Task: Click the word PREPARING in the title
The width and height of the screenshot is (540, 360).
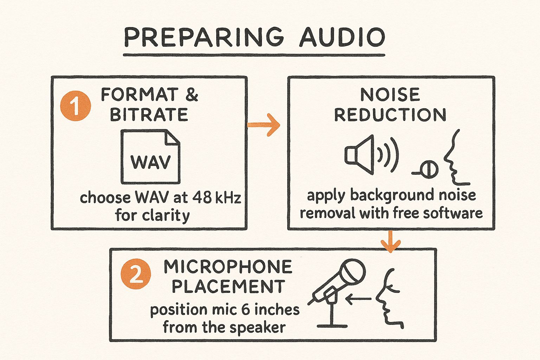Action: coord(203,37)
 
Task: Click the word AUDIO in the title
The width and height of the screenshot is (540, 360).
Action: coord(342,37)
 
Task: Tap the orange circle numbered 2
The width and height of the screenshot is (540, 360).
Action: coord(136,274)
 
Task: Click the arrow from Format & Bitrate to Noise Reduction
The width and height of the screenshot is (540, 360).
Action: coord(264,125)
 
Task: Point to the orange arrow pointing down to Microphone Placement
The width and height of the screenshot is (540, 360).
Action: coord(390,242)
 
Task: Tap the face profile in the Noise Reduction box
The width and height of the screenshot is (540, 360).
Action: coord(455,158)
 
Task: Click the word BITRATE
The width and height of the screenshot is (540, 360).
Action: coord(149,115)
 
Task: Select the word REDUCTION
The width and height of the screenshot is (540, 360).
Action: coord(390,115)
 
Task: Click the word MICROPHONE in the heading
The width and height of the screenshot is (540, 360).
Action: coord(228,267)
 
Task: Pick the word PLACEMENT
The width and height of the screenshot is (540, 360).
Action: coord(228,287)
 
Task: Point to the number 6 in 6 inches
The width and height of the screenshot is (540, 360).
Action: coord(246,310)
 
